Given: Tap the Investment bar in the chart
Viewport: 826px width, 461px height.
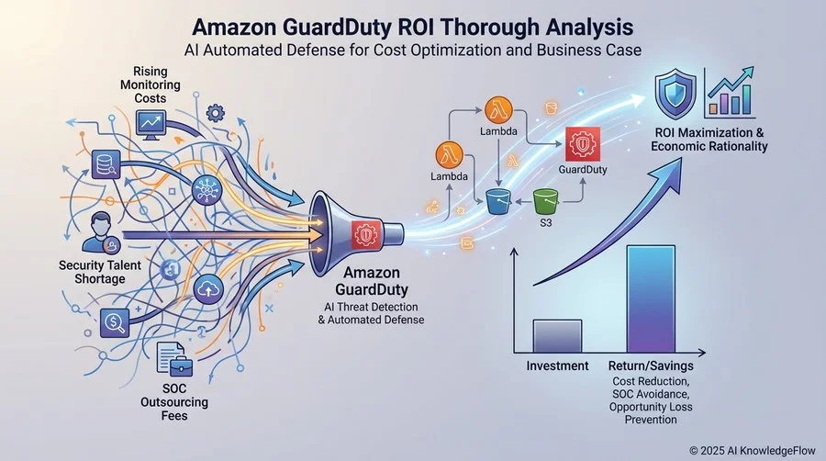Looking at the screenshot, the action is coord(557,336).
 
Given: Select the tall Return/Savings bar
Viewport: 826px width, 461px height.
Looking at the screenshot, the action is coord(651,298).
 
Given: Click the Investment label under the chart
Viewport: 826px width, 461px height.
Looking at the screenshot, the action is coord(557,365).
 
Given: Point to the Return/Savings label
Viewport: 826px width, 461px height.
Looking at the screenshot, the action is coord(651,365).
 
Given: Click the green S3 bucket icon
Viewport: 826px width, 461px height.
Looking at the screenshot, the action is coord(545,202).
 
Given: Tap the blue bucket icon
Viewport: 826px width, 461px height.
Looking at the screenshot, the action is coord(497,202).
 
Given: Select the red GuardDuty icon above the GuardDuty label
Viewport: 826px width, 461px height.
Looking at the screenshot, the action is coord(583,144).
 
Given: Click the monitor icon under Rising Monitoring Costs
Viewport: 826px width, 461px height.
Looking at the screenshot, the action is coord(151,125).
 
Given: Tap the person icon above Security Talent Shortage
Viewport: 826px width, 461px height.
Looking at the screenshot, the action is coord(101,232).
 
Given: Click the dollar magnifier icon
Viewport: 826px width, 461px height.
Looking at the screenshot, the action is coord(115,322).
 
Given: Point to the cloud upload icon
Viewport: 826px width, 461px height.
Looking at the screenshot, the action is coord(208,290).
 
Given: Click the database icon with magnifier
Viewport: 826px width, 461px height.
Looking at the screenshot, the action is coord(106,164).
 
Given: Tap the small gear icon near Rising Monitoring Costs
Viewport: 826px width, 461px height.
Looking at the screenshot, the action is coord(216,113).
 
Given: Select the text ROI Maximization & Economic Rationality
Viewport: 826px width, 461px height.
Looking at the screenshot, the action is coord(709,140).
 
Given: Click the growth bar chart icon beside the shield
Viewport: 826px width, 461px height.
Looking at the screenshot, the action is coord(731,92).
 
